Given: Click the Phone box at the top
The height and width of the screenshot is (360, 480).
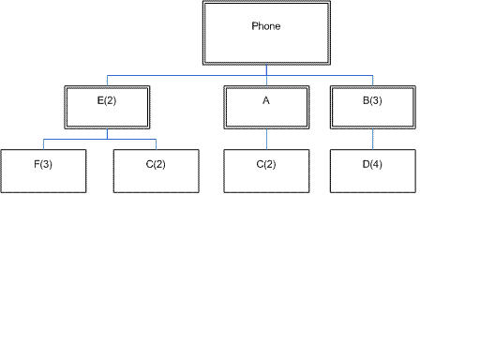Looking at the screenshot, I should [266, 33].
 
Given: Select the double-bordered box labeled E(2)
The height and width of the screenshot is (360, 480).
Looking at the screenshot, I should [108, 107].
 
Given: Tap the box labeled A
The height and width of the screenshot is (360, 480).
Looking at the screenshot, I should [266, 107].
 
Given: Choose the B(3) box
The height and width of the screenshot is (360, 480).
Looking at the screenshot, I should [373, 107].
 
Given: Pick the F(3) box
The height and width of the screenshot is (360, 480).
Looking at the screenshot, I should [43, 171].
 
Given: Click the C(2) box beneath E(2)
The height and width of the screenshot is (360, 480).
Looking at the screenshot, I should [156, 171].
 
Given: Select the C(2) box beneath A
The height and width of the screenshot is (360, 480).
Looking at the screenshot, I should [266, 171].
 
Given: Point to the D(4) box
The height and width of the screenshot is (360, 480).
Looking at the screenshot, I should [373, 171].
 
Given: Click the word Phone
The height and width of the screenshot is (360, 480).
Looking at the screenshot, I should [266, 26].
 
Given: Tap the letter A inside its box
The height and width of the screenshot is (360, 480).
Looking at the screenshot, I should [266, 100].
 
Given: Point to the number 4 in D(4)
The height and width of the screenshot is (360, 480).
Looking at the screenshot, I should [376, 165].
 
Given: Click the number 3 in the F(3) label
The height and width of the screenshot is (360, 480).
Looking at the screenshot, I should [46, 165].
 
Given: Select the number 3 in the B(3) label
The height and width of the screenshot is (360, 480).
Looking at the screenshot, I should [376, 100].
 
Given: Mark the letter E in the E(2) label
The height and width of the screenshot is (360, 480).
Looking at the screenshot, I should [98, 100].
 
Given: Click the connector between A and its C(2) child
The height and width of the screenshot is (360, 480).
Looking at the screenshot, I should [266, 139].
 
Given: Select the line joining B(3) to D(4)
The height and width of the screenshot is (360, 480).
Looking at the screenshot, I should [373, 139].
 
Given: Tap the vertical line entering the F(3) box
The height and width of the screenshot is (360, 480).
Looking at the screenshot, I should [43, 143].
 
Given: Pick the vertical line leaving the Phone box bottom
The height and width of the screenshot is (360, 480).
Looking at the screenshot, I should [266, 68].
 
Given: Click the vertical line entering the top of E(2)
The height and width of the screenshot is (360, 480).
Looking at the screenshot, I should [108, 80].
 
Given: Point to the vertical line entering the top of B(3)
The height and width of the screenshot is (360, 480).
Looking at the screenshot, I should [373, 80].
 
